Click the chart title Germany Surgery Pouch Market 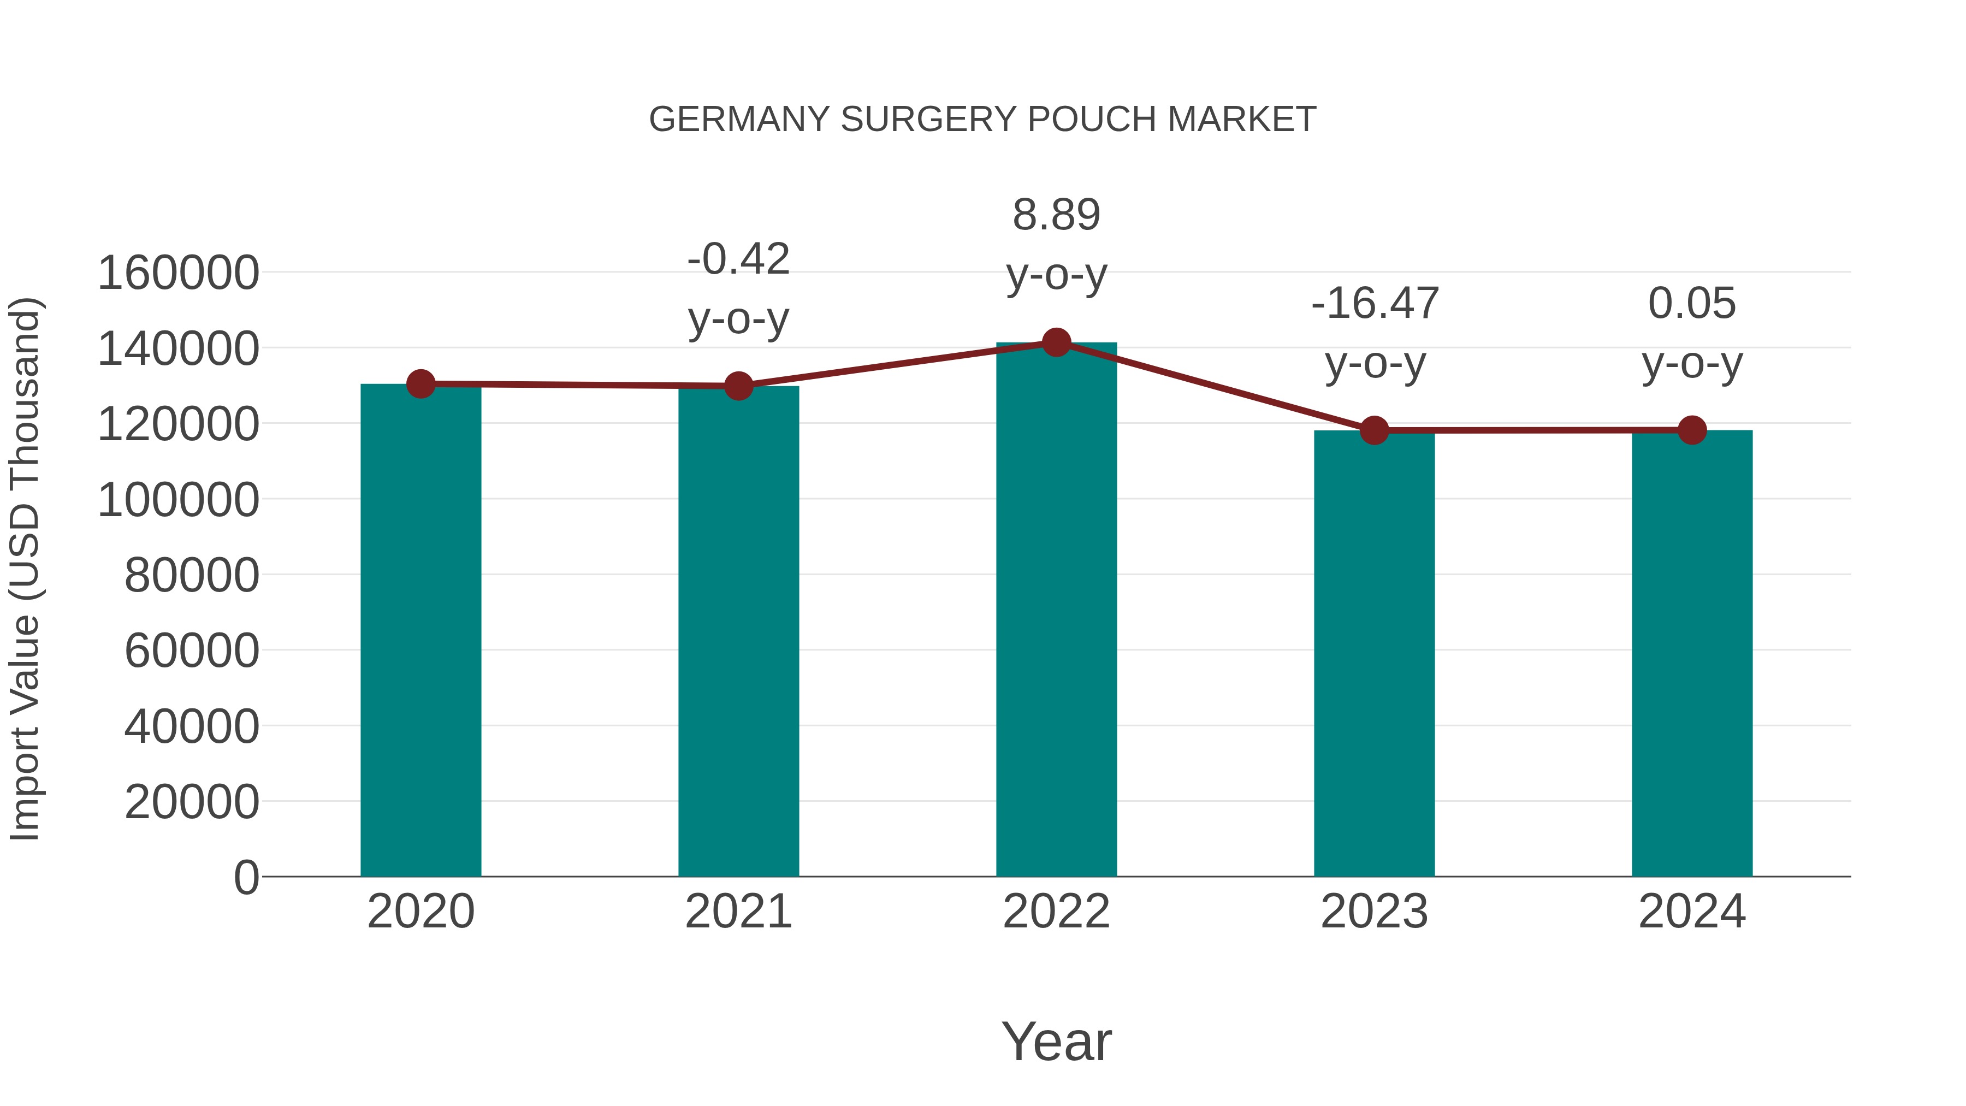point(982,120)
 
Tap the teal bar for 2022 point(1056,610)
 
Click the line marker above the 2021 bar point(738,386)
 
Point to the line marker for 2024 point(1692,430)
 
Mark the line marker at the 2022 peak point(1056,342)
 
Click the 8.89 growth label point(1056,215)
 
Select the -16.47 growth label point(1375,304)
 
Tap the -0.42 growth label point(738,259)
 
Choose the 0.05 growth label point(1692,304)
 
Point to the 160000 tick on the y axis point(179,273)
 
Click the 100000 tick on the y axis point(179,501)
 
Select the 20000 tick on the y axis point(192,802)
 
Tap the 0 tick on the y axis point(246,878)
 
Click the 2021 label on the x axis point(738,912)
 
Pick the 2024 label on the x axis point(1692,912)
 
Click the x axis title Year point(1056,1041)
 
